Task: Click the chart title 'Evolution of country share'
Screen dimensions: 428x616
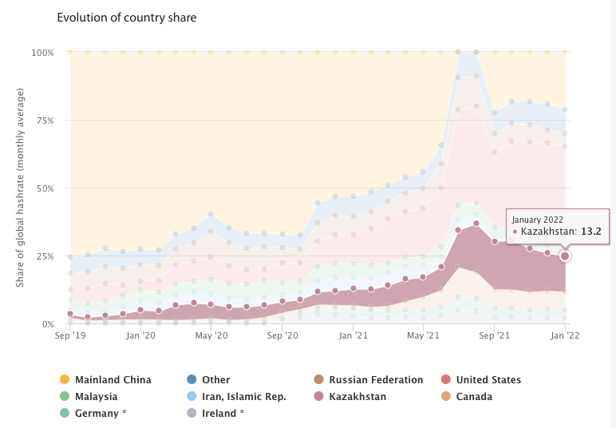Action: pyautogui.click(x=126, y=17)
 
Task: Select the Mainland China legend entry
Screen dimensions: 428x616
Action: pyautogui.click(x=113, y=380)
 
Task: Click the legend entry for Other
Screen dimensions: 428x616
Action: pyautogui.click(x=215, y=380)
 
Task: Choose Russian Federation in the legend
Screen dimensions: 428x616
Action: pyautogui.click(x=376, y=380)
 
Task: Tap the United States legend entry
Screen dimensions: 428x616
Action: pyautogui.click(x=488, y=380)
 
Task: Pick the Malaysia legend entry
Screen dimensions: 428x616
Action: pyautogui.click(x=96, y=397)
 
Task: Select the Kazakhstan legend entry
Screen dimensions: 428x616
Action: pyautogui.click(x=357, y=397)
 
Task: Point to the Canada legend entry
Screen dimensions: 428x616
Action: pyautogui.click(x=474, y=397)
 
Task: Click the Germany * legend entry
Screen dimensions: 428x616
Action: pyautogui.click(x=100, y=414)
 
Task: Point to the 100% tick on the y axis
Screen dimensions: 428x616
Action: pyautogui.click(x=42, y=53)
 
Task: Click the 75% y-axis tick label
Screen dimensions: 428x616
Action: pyautogui.click(x=45, y=121)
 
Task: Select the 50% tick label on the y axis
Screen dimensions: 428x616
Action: pyautogui.click(x=45, y=188)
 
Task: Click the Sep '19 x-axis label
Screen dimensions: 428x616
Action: pyautogui.click(x=70, y=336)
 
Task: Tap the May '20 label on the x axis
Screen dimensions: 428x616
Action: pyautogui.click(x=211, y=336)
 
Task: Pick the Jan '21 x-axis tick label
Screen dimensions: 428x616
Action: pyautogui.click(x=352, y=336)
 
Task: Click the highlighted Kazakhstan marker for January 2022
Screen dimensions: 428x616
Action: pyautogui.click(x=565, y=256)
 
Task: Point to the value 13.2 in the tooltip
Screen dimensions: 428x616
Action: pyautogui.click(x=591, y=232)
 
